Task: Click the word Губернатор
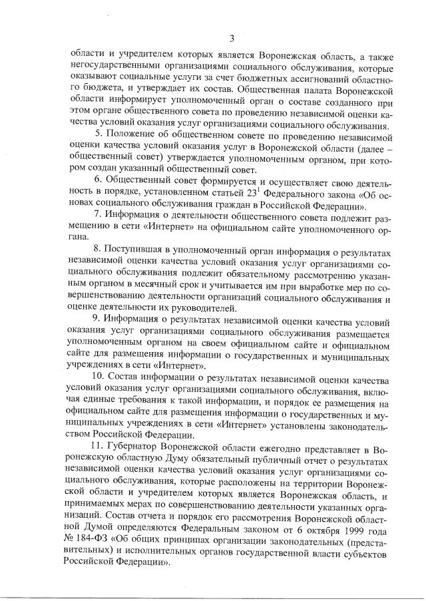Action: (x=136, y=443)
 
